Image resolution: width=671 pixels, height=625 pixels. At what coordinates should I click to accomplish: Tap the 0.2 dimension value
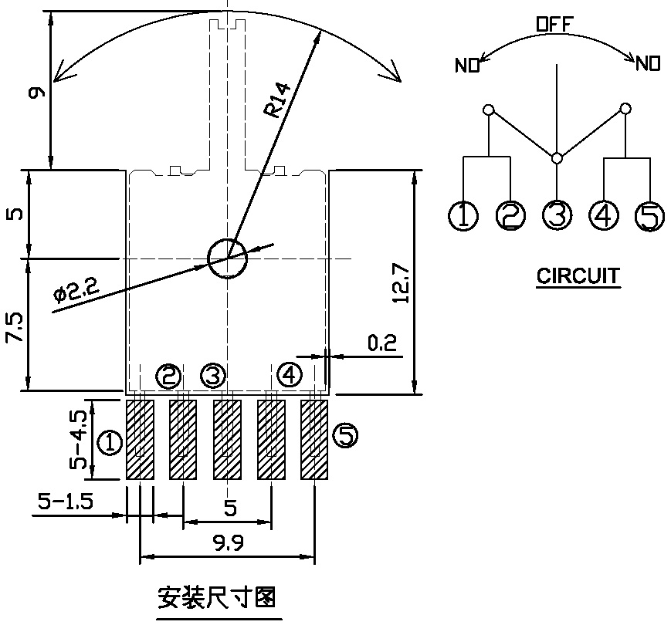(x=381, y=343)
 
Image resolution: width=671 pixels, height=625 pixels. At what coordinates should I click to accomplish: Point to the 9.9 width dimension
(x=229, y=543)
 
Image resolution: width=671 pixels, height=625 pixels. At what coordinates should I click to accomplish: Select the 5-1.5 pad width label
(x=65, y=502)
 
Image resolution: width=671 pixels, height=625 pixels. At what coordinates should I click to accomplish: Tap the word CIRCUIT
(x=578, y=275)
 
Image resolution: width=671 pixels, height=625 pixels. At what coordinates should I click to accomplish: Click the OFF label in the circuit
(x=554, y=25)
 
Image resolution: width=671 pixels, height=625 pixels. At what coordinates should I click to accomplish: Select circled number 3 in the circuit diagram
(x=557, y=215)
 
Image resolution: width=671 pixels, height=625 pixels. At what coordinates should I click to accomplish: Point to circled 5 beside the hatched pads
(x=345, y=437)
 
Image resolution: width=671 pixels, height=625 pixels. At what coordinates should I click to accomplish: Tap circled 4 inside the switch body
(x=290, y=376)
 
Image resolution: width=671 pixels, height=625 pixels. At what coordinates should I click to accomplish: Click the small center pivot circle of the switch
(x=227, y=256)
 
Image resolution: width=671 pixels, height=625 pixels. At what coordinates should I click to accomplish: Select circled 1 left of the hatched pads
(x=110, y=442)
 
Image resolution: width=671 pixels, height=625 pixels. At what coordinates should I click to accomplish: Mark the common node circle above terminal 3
(x=557, y=158)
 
